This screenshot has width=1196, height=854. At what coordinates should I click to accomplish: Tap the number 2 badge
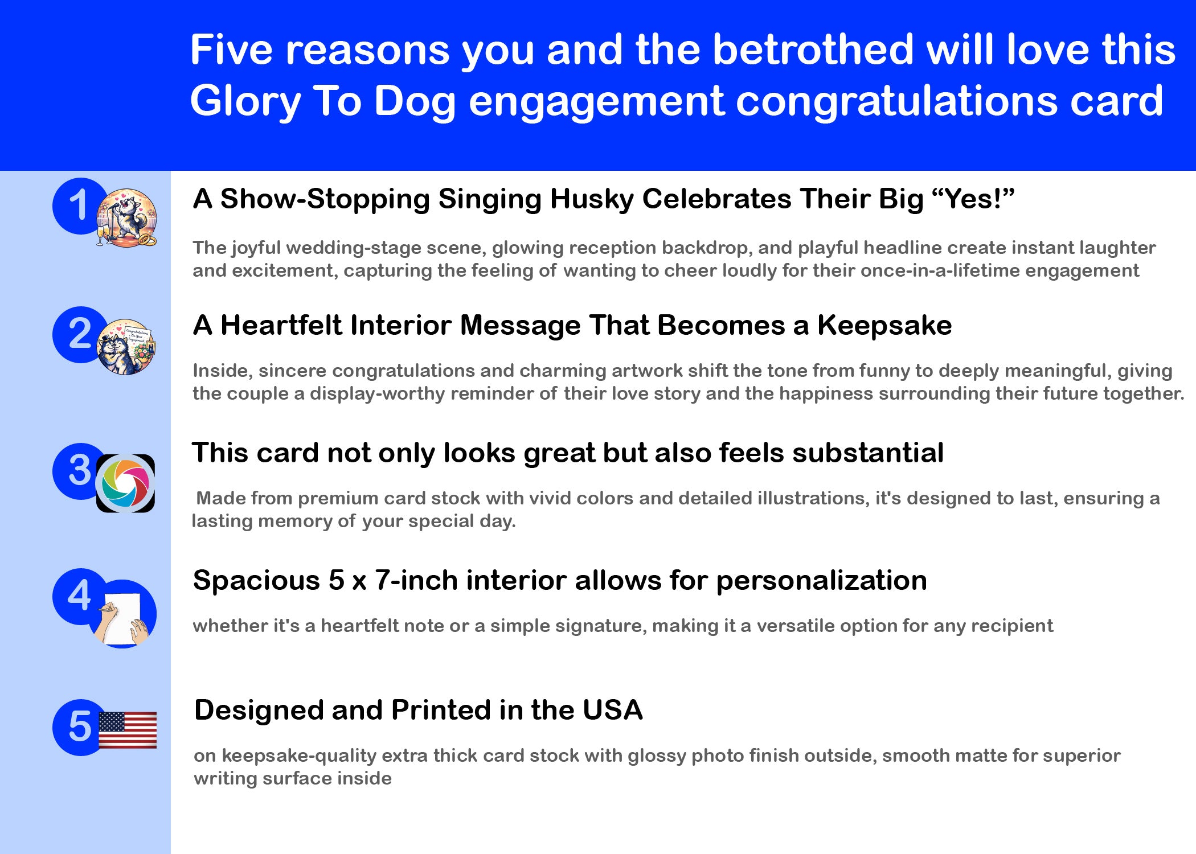(80, 334)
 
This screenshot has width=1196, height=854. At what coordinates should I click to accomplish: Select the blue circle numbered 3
(80, 471)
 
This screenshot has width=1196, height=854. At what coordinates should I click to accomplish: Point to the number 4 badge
(80, 596)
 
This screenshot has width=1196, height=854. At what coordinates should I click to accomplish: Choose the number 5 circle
(80, 727)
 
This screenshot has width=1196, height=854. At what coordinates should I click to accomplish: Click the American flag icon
(128, 730)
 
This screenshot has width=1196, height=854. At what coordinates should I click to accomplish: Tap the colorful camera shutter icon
(125, 483)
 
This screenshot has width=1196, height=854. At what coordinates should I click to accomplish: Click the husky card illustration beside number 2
(126, 347)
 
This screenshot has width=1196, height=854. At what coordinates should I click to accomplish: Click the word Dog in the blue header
(415, 101)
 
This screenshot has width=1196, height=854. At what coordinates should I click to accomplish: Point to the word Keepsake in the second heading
(884, 326)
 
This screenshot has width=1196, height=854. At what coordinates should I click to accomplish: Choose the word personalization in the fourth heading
(821, 581)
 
